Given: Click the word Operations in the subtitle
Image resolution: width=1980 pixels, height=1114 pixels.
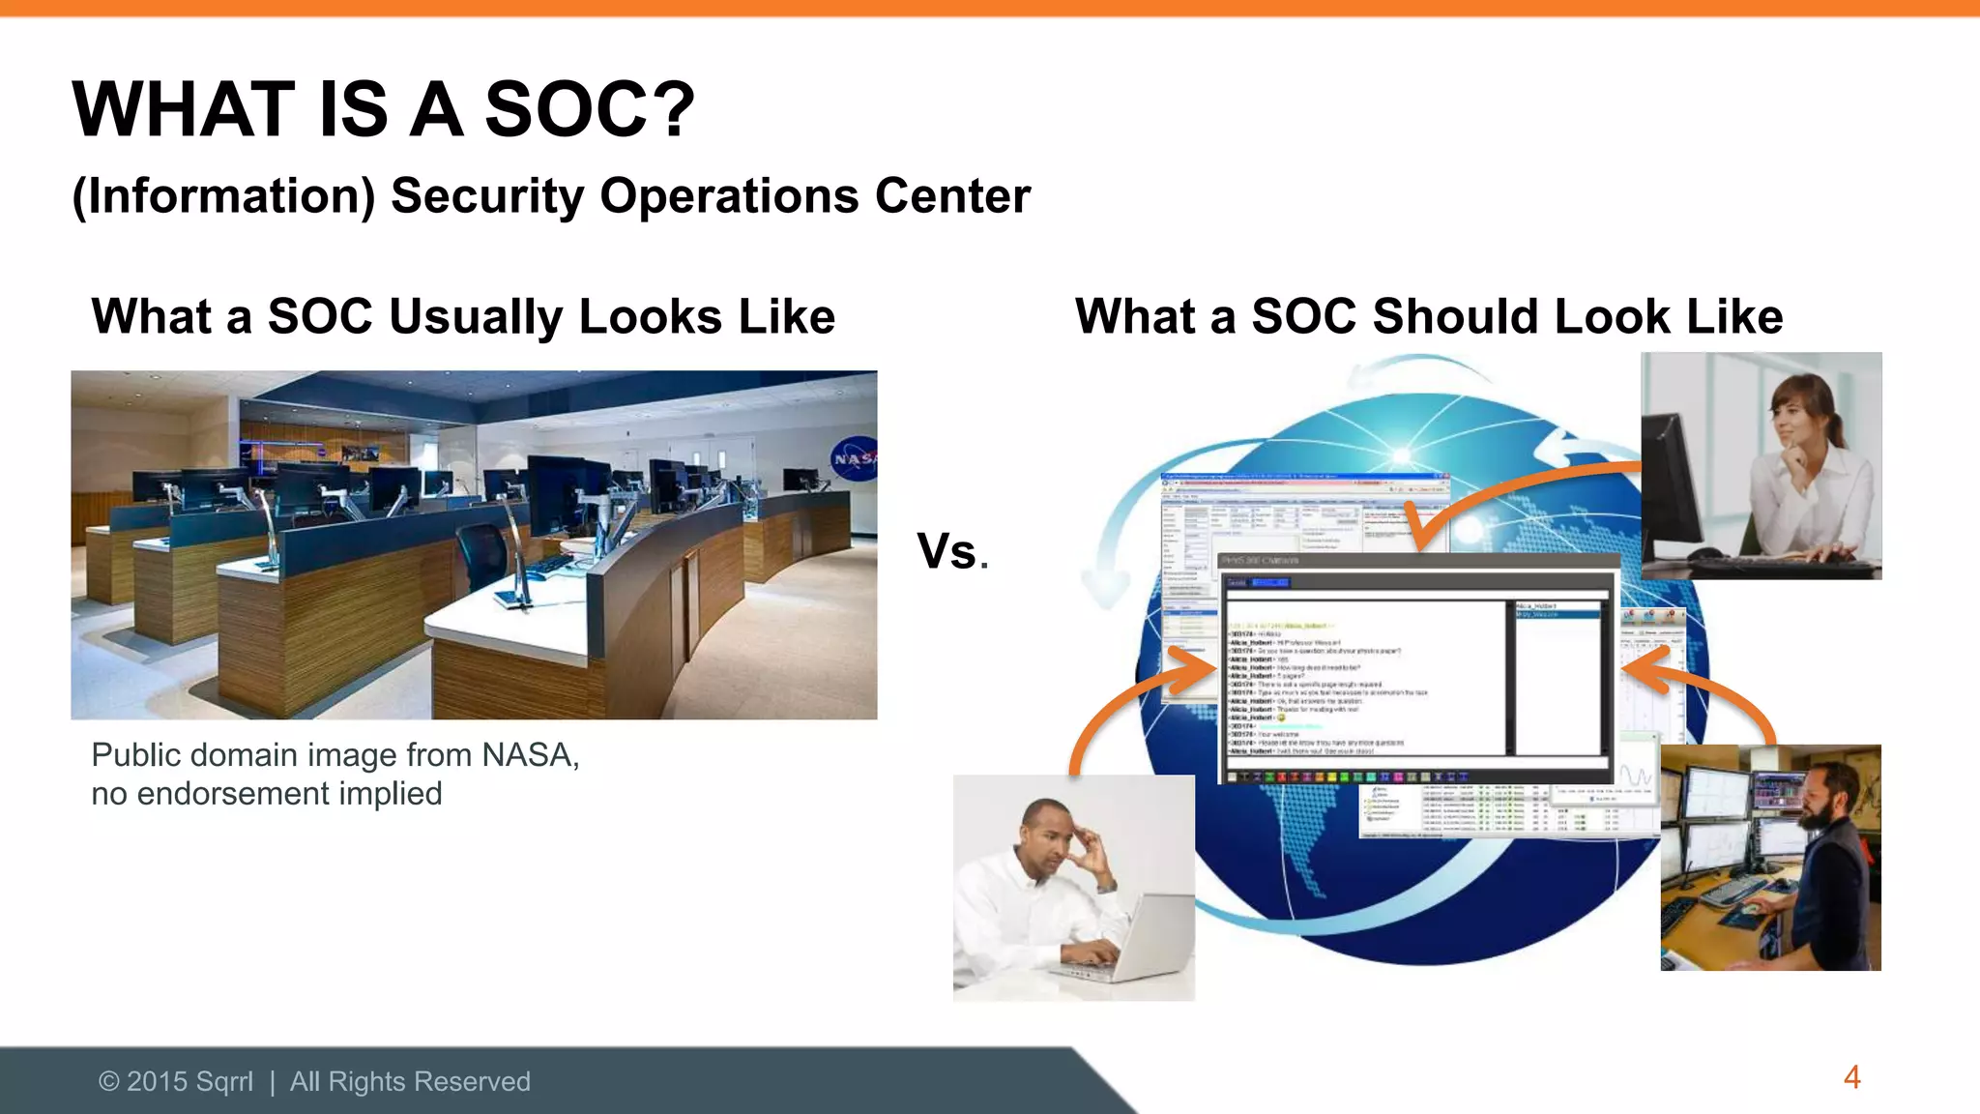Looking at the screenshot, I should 729,196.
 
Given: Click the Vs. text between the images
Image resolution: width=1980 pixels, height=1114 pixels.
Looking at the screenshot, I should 951,552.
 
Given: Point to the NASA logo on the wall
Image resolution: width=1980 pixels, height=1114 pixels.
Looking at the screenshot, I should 854,459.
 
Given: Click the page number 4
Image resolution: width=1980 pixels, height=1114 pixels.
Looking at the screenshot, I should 1851,1077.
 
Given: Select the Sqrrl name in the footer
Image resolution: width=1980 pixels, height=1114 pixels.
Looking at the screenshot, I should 223,1081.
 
